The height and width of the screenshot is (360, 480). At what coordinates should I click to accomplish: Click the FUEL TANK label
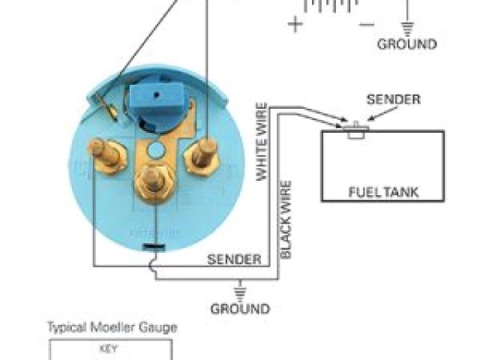[x=382, y=192]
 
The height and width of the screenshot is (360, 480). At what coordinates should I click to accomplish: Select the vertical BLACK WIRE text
[x=286, y=219]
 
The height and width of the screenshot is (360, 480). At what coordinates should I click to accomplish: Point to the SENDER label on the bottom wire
[x=234, y=260]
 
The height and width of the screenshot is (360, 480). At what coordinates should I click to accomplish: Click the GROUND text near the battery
[x=406, y=44]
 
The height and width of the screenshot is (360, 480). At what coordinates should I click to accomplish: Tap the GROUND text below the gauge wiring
[x=240, y=308]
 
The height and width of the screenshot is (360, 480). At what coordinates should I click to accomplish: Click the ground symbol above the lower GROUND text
[x=241, y=290]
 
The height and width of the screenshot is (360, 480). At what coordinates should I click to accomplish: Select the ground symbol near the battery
[x=408, y=28]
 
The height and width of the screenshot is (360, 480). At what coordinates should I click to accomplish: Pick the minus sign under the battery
[x=366, y=25]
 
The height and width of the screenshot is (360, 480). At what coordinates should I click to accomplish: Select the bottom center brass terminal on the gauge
[x=151, y=181]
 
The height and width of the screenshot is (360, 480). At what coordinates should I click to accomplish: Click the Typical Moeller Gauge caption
[x=112, y=328]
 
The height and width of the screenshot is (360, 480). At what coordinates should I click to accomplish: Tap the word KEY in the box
[x=109, y=349]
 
